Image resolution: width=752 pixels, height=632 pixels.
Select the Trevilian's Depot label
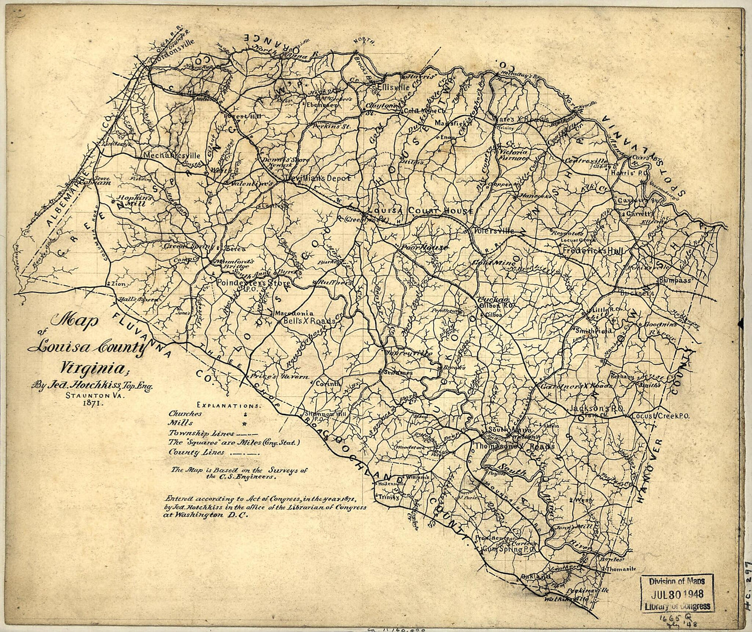pos(315,178)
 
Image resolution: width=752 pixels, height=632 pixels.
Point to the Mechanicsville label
pos(175,156)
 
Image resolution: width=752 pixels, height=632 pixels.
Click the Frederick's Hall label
pos(592,250)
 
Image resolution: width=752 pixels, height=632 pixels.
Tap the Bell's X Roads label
pos(302,321)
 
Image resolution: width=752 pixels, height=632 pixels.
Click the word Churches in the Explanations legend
pos(185,414)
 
